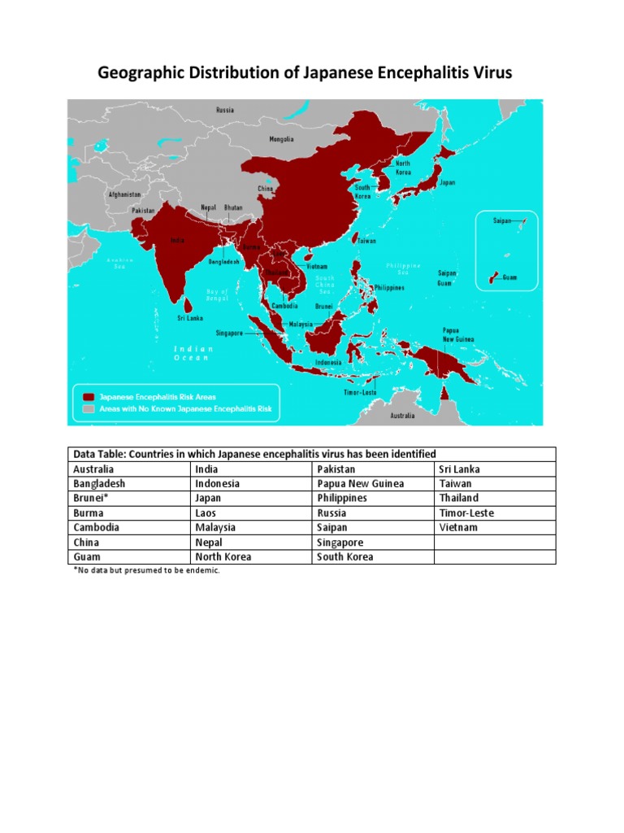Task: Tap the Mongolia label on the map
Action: click(281, 139)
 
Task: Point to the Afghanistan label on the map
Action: click(125, 195)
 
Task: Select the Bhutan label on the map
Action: click(233, 207)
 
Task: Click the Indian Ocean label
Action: click(192, 353)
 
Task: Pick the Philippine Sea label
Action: click(403, 268)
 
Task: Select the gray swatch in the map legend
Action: click(88, 409)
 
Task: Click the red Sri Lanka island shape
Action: click(188, 304)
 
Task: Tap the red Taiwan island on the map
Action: click(355, 239)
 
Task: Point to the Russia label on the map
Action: click(225, 109)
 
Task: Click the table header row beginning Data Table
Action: click(312, 454)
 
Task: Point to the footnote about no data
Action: click(147, 570)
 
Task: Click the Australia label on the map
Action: click(401, 416)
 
